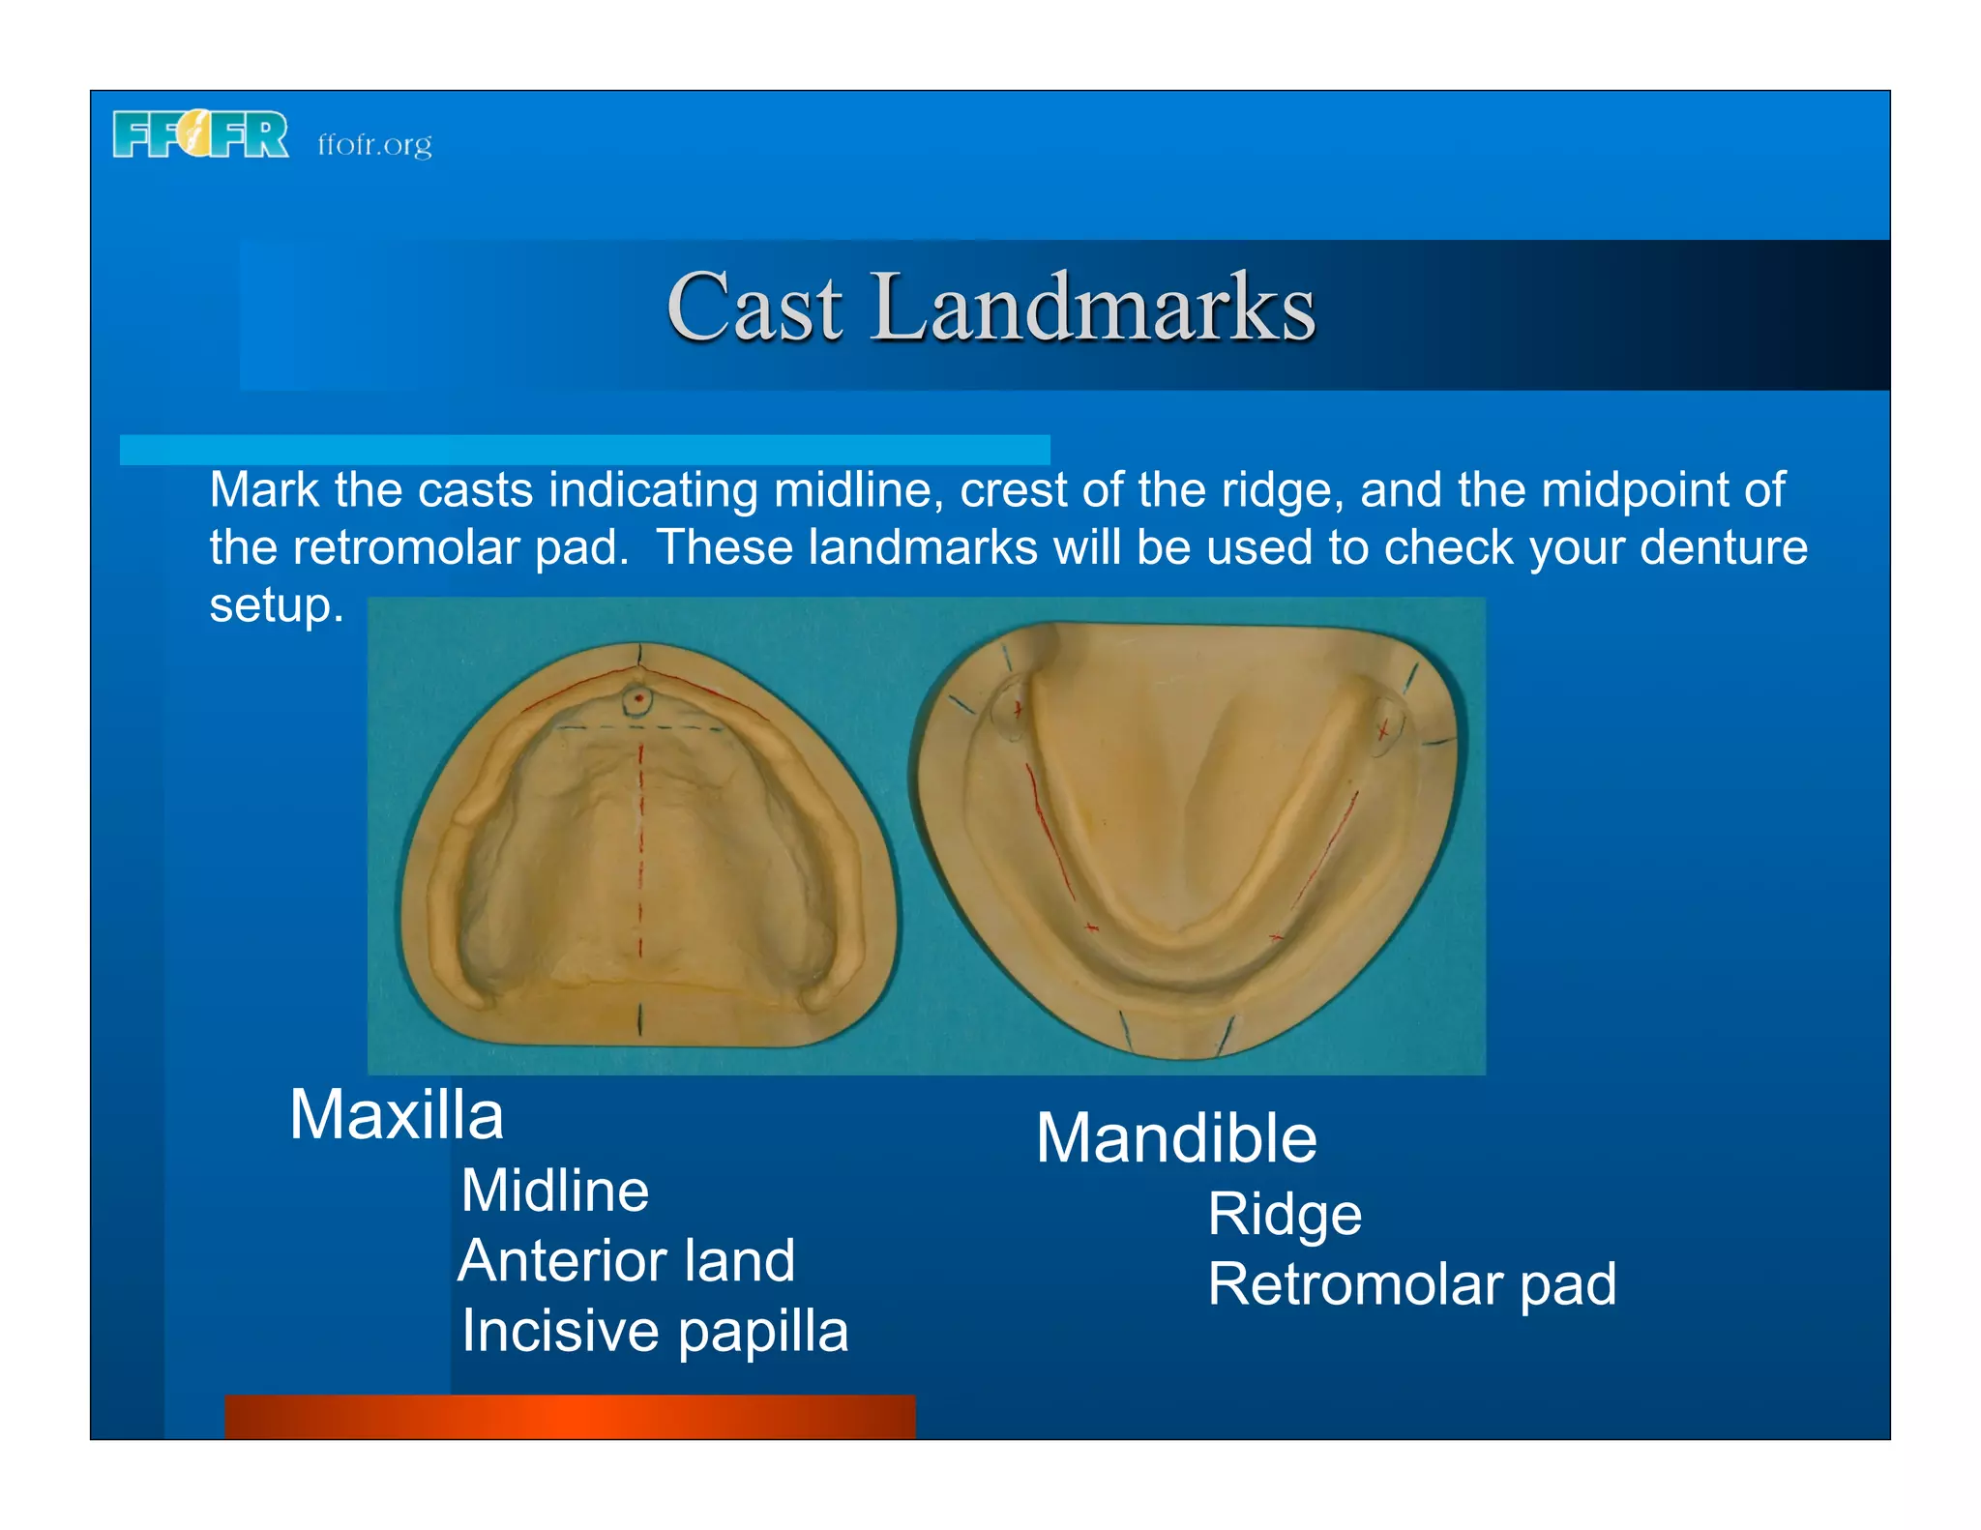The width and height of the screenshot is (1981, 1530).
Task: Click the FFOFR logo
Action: pyautogui.click(x=200, y=134)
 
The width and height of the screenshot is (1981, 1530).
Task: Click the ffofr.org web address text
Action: pyautogui.click(x=374, y=145)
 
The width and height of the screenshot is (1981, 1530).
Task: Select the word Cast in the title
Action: pyautogui.click(x=754, y=308)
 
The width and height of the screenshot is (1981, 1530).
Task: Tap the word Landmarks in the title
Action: pyautogui.click(x=1093, y=308)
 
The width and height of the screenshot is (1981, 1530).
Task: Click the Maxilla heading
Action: pyautogui.click(x=397, y=1115)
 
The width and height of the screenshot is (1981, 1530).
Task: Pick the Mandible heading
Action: pyautogui.click(x=1176, y=1138)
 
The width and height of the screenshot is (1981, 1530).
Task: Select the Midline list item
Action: pyautogui.click(x=554, y=1191)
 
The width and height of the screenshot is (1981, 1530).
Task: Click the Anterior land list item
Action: pyautogui.click(x=627, y=1261)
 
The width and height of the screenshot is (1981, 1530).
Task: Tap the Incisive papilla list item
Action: pyautogui.click(x=655, y=1332)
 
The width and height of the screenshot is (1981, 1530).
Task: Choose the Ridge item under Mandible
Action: pyautogui.click(x=1285, y=1215)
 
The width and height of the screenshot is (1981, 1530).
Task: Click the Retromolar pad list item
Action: pyautogui.click(x=1411, y=1285)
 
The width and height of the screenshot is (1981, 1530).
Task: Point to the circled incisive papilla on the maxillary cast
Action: pyautogui.click(x=637, y=699)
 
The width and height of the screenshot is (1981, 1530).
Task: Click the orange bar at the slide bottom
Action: pyautogui.click(x=570, y=1417)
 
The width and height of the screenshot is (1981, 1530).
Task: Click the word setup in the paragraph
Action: pyautogui.click(x=277, y=606)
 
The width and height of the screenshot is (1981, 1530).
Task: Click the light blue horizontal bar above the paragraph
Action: pyautogui.click(x=584, y=450)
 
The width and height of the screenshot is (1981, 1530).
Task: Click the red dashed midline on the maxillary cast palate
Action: pyautogui.click(x=639, y=851)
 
